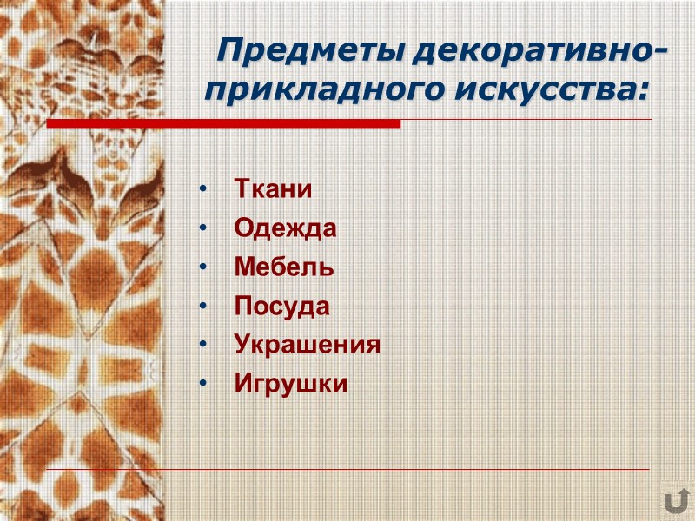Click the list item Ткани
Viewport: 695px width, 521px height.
coord(273,189)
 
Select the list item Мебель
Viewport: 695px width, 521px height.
coord(284,267)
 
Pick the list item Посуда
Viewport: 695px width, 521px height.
coord(282,307)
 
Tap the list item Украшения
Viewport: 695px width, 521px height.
coord(308,346)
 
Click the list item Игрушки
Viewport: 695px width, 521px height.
coord(291,384)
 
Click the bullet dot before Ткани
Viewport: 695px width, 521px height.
coord(202,190)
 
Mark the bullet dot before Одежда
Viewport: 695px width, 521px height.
coord(202,229)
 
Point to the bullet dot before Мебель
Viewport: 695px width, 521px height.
coord(202,268)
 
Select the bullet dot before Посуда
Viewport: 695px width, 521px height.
coord(202,307)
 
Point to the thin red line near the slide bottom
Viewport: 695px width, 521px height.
coord(347,469)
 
